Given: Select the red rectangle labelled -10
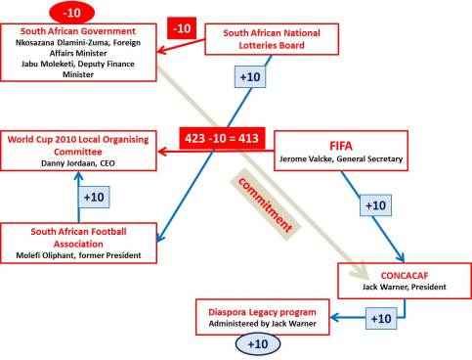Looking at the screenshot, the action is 182,30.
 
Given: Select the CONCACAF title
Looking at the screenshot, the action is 401,275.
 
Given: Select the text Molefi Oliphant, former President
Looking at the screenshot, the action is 78,256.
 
